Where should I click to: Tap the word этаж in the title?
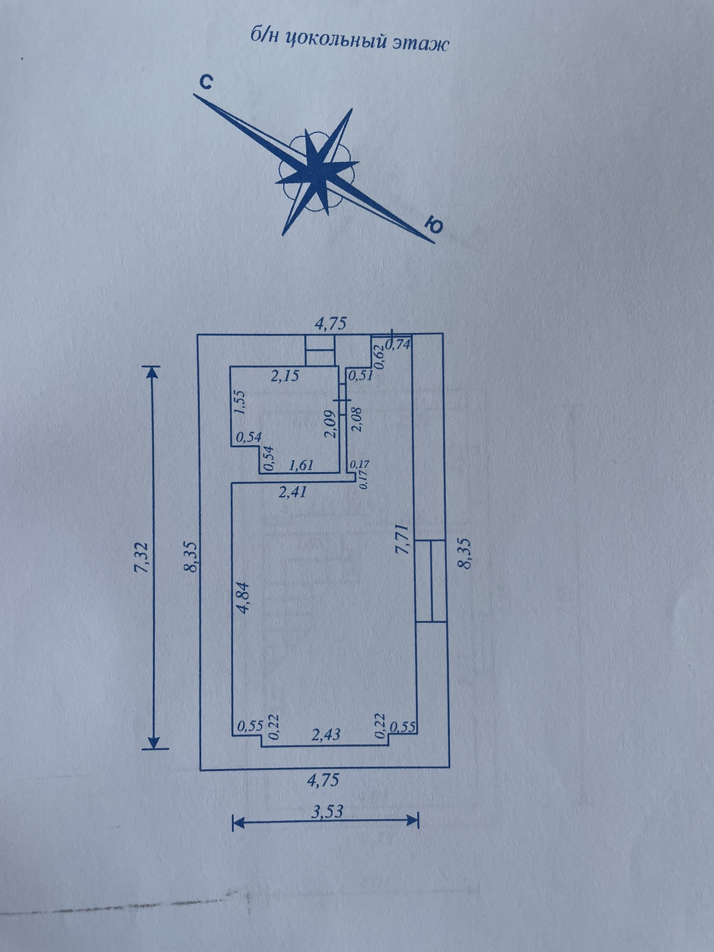[419, 43]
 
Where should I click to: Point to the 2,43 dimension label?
[326, 735]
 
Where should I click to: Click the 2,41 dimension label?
[292, 493]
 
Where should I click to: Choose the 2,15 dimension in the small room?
[284, 375]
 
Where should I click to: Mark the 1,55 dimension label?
[240, 402]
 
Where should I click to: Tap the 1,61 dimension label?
[301, 465]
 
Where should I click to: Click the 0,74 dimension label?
[398, 344]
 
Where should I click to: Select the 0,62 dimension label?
[379, 356]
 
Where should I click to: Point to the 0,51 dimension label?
[361, 375]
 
